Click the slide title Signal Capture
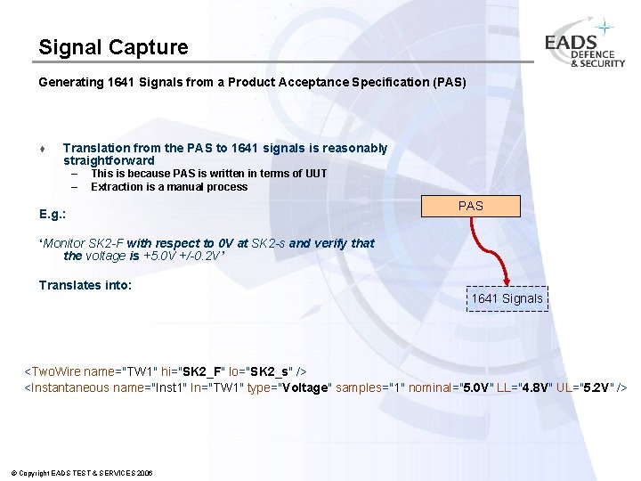point(113,46)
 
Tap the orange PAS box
point(470,206)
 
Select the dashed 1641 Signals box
point(507,298)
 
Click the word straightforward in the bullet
point(109,160)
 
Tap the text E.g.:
point(53,215)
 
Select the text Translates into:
point(85,285)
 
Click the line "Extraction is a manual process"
point(169,187)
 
